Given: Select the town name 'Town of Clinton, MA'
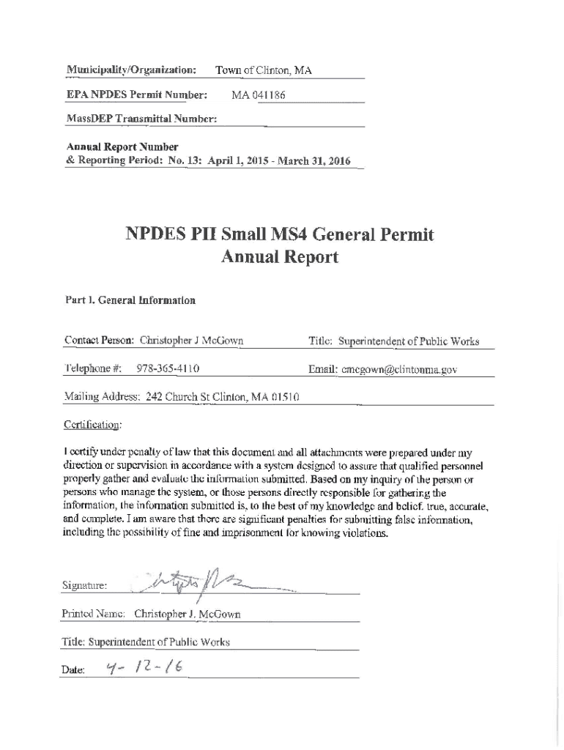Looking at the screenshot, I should click(x=263, y=71).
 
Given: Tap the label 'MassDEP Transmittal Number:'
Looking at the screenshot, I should click(x=141, y=119).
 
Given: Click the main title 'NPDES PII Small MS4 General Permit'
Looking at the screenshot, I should click(x=280, y=235).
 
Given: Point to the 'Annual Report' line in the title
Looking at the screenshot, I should click(x=280, y=257).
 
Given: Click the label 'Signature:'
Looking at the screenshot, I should click(x=86, y=586).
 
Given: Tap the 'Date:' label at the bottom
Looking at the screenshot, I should click(x=75, y=670).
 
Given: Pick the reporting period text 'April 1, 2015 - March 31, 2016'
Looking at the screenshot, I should click(x=270, y=161).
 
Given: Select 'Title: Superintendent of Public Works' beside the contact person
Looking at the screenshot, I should click(x=394, y=341).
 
